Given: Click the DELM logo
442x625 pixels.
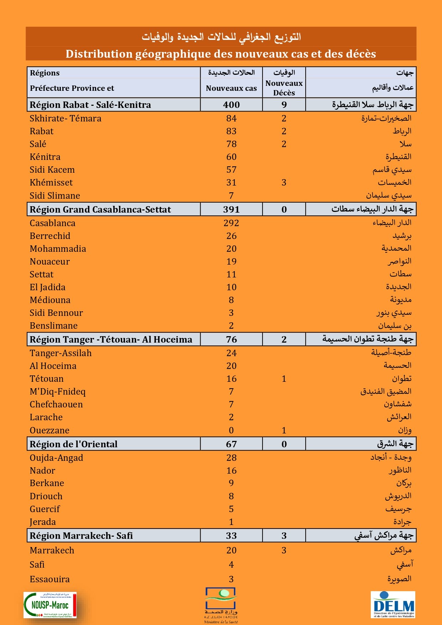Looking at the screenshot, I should point(393,604).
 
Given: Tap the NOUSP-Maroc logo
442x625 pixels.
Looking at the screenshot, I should point(50,605).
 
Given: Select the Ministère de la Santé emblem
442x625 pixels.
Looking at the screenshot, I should point(221,605).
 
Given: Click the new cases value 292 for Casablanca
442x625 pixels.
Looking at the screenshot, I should point(231,223).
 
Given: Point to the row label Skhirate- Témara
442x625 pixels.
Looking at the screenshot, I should point(66,119).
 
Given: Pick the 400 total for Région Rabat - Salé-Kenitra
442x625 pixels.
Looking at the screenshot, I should point(231,105).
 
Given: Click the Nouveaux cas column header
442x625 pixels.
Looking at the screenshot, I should point(231,88).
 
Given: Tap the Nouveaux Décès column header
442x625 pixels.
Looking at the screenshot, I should point(284,88).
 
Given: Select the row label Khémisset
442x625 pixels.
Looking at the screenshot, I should point(51,183).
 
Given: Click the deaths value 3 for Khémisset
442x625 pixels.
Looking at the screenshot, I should point(284,183).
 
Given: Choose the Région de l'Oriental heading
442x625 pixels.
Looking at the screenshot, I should point(73,444).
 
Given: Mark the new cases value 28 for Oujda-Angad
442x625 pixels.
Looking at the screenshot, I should point(231,458).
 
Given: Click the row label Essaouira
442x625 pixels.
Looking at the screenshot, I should point(50,579).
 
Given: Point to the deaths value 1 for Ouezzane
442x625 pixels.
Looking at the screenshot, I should point(284,431).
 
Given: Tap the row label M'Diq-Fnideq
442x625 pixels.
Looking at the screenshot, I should point(58,392).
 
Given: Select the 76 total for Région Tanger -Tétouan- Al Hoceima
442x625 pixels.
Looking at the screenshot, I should point(231,339).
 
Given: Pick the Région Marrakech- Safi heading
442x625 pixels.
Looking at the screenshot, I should point(81,536).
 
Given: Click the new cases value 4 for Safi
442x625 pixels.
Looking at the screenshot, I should point(231,565).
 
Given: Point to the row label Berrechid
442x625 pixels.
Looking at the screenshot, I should point(50,236).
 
